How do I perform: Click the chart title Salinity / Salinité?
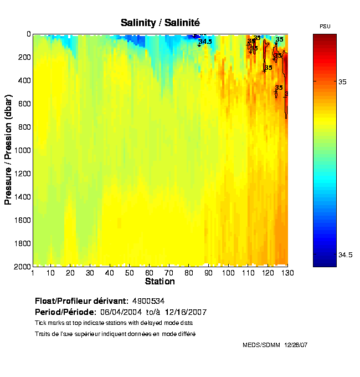(160, 23)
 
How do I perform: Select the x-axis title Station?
(160, 282)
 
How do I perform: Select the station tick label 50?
(129, 273)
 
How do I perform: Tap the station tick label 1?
(33, 273)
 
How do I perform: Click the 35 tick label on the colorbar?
(342, 82)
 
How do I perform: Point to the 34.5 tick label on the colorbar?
(344, 255)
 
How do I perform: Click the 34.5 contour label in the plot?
(205, 42)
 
